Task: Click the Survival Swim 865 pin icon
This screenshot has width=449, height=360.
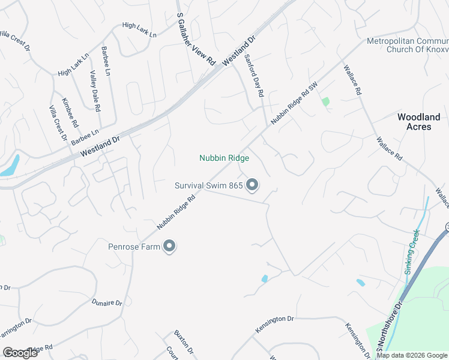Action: pos(253,185)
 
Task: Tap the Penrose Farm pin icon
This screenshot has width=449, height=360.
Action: pos(169,247)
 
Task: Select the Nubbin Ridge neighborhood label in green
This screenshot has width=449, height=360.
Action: pos(224,158)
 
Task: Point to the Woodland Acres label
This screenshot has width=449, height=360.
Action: pos(419,122)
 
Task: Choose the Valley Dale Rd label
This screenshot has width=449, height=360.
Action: pos(95,91)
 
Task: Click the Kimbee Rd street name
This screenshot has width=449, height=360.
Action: pos(70,112)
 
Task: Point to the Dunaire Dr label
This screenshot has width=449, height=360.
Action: pos(107,303)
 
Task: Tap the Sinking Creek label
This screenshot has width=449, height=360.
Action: pos(415,252)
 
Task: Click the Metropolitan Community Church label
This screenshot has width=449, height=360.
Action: pos(408,45)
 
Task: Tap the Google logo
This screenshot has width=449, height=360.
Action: pos(20,352)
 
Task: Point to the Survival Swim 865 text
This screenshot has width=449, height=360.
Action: pos(209,185)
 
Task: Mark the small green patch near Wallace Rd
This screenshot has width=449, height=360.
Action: pos(326,101)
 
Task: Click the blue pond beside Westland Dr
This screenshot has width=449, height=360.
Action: pos(11,166)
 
